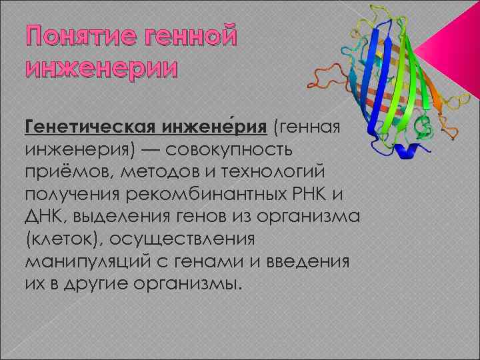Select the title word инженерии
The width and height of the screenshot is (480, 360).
[x=101, y=68]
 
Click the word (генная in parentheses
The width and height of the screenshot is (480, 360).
[x=309, y=127]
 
